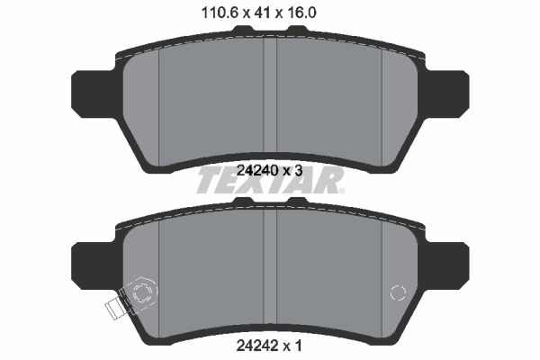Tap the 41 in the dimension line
click(x=262, y=13)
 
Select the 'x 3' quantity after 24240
click(x=294, y=168)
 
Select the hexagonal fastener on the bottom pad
click(x=140, y=292)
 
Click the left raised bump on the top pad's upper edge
click(x=241, y=31)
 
